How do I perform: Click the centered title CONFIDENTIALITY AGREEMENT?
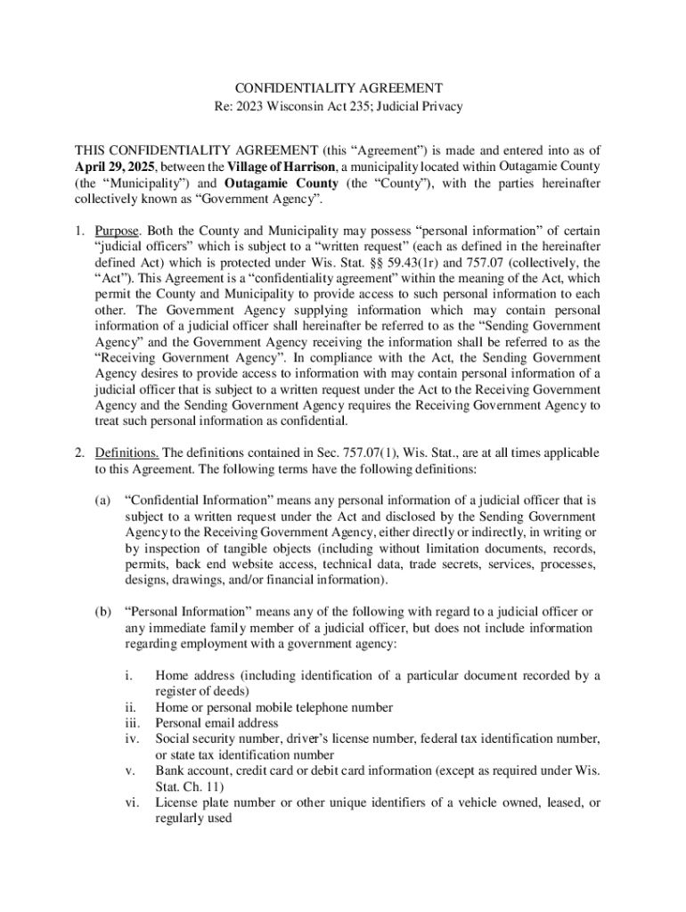coord(339,88)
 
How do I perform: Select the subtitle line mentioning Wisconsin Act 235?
coord(339,107)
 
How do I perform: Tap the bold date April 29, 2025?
coord(113,167)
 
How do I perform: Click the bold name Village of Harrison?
coord(282,167)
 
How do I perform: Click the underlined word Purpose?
coord(114,232)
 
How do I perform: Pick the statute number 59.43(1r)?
coord(436,263)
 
